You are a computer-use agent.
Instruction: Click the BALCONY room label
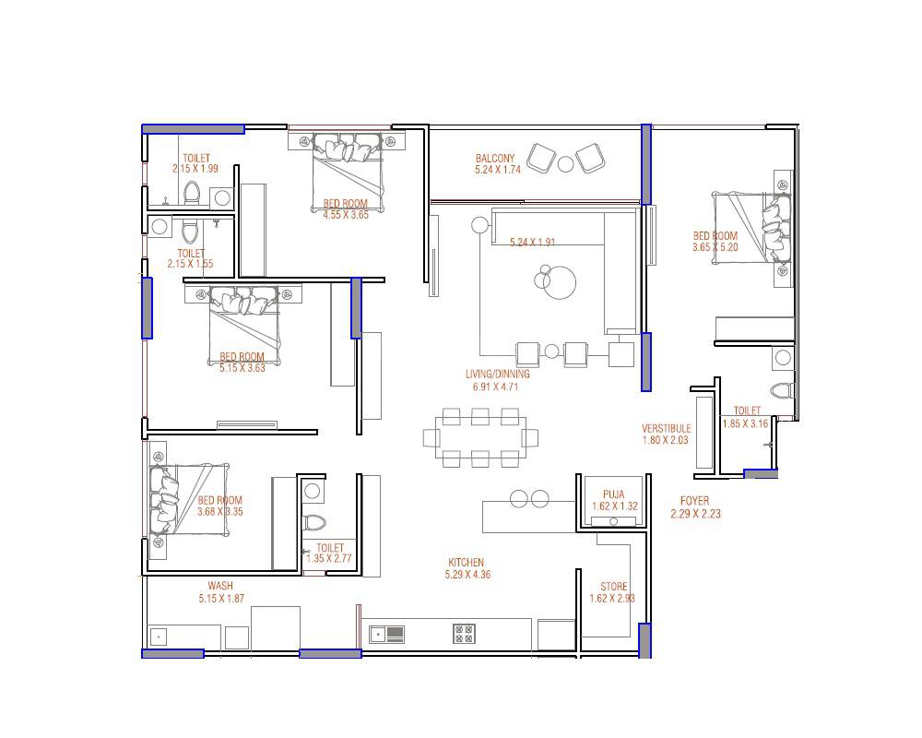pos(495,158)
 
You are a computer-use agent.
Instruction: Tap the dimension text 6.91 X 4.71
pos(497,387)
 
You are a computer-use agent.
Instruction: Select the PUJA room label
pos(613,494)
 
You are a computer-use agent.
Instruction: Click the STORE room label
pos(614,587)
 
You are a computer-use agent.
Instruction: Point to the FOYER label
pos(695,501)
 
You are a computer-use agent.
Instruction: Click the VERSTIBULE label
pos(666,429)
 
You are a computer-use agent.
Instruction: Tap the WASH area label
pos(219,586)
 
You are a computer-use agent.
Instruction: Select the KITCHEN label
pos(466,563)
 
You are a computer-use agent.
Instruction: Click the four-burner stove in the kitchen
pos(464,633)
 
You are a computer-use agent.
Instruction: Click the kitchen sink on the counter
pos(387,633)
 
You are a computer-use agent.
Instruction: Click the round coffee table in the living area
pos(559,281)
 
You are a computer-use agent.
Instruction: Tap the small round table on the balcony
pos(565,163)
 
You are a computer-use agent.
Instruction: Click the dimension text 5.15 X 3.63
pos(242,368)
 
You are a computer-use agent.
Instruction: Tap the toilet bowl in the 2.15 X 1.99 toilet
pos(192,193)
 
